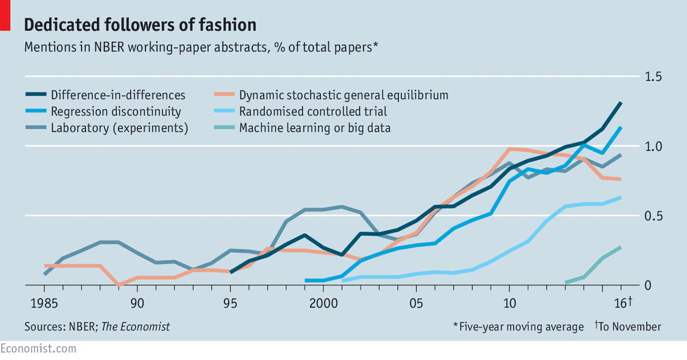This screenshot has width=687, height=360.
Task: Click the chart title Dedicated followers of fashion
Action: [140, 25]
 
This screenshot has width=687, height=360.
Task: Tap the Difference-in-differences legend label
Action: [118, 95]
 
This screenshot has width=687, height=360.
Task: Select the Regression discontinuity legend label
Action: [115, 111]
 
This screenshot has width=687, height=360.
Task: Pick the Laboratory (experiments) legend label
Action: [120, 128]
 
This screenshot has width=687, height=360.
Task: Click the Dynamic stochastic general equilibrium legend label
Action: [343, 95]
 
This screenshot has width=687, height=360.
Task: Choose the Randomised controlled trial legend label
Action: [313, 111]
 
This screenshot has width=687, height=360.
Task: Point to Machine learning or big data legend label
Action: [315, 128]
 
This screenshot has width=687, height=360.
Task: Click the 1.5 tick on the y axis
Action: [653, 77]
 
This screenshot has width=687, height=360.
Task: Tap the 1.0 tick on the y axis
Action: [653, 147]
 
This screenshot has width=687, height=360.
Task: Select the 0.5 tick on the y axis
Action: [653, 216]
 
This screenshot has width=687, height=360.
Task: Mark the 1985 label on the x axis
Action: [45, 303]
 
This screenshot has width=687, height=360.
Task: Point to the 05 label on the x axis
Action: [416, 303]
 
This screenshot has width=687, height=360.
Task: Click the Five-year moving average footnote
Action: [518, 327]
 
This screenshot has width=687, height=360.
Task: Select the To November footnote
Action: [628, 327]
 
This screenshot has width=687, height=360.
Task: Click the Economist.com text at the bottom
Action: [38, 348]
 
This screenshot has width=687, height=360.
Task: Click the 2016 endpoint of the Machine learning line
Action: [621, 247]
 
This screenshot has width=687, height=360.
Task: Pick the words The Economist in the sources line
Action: [136, 327]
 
